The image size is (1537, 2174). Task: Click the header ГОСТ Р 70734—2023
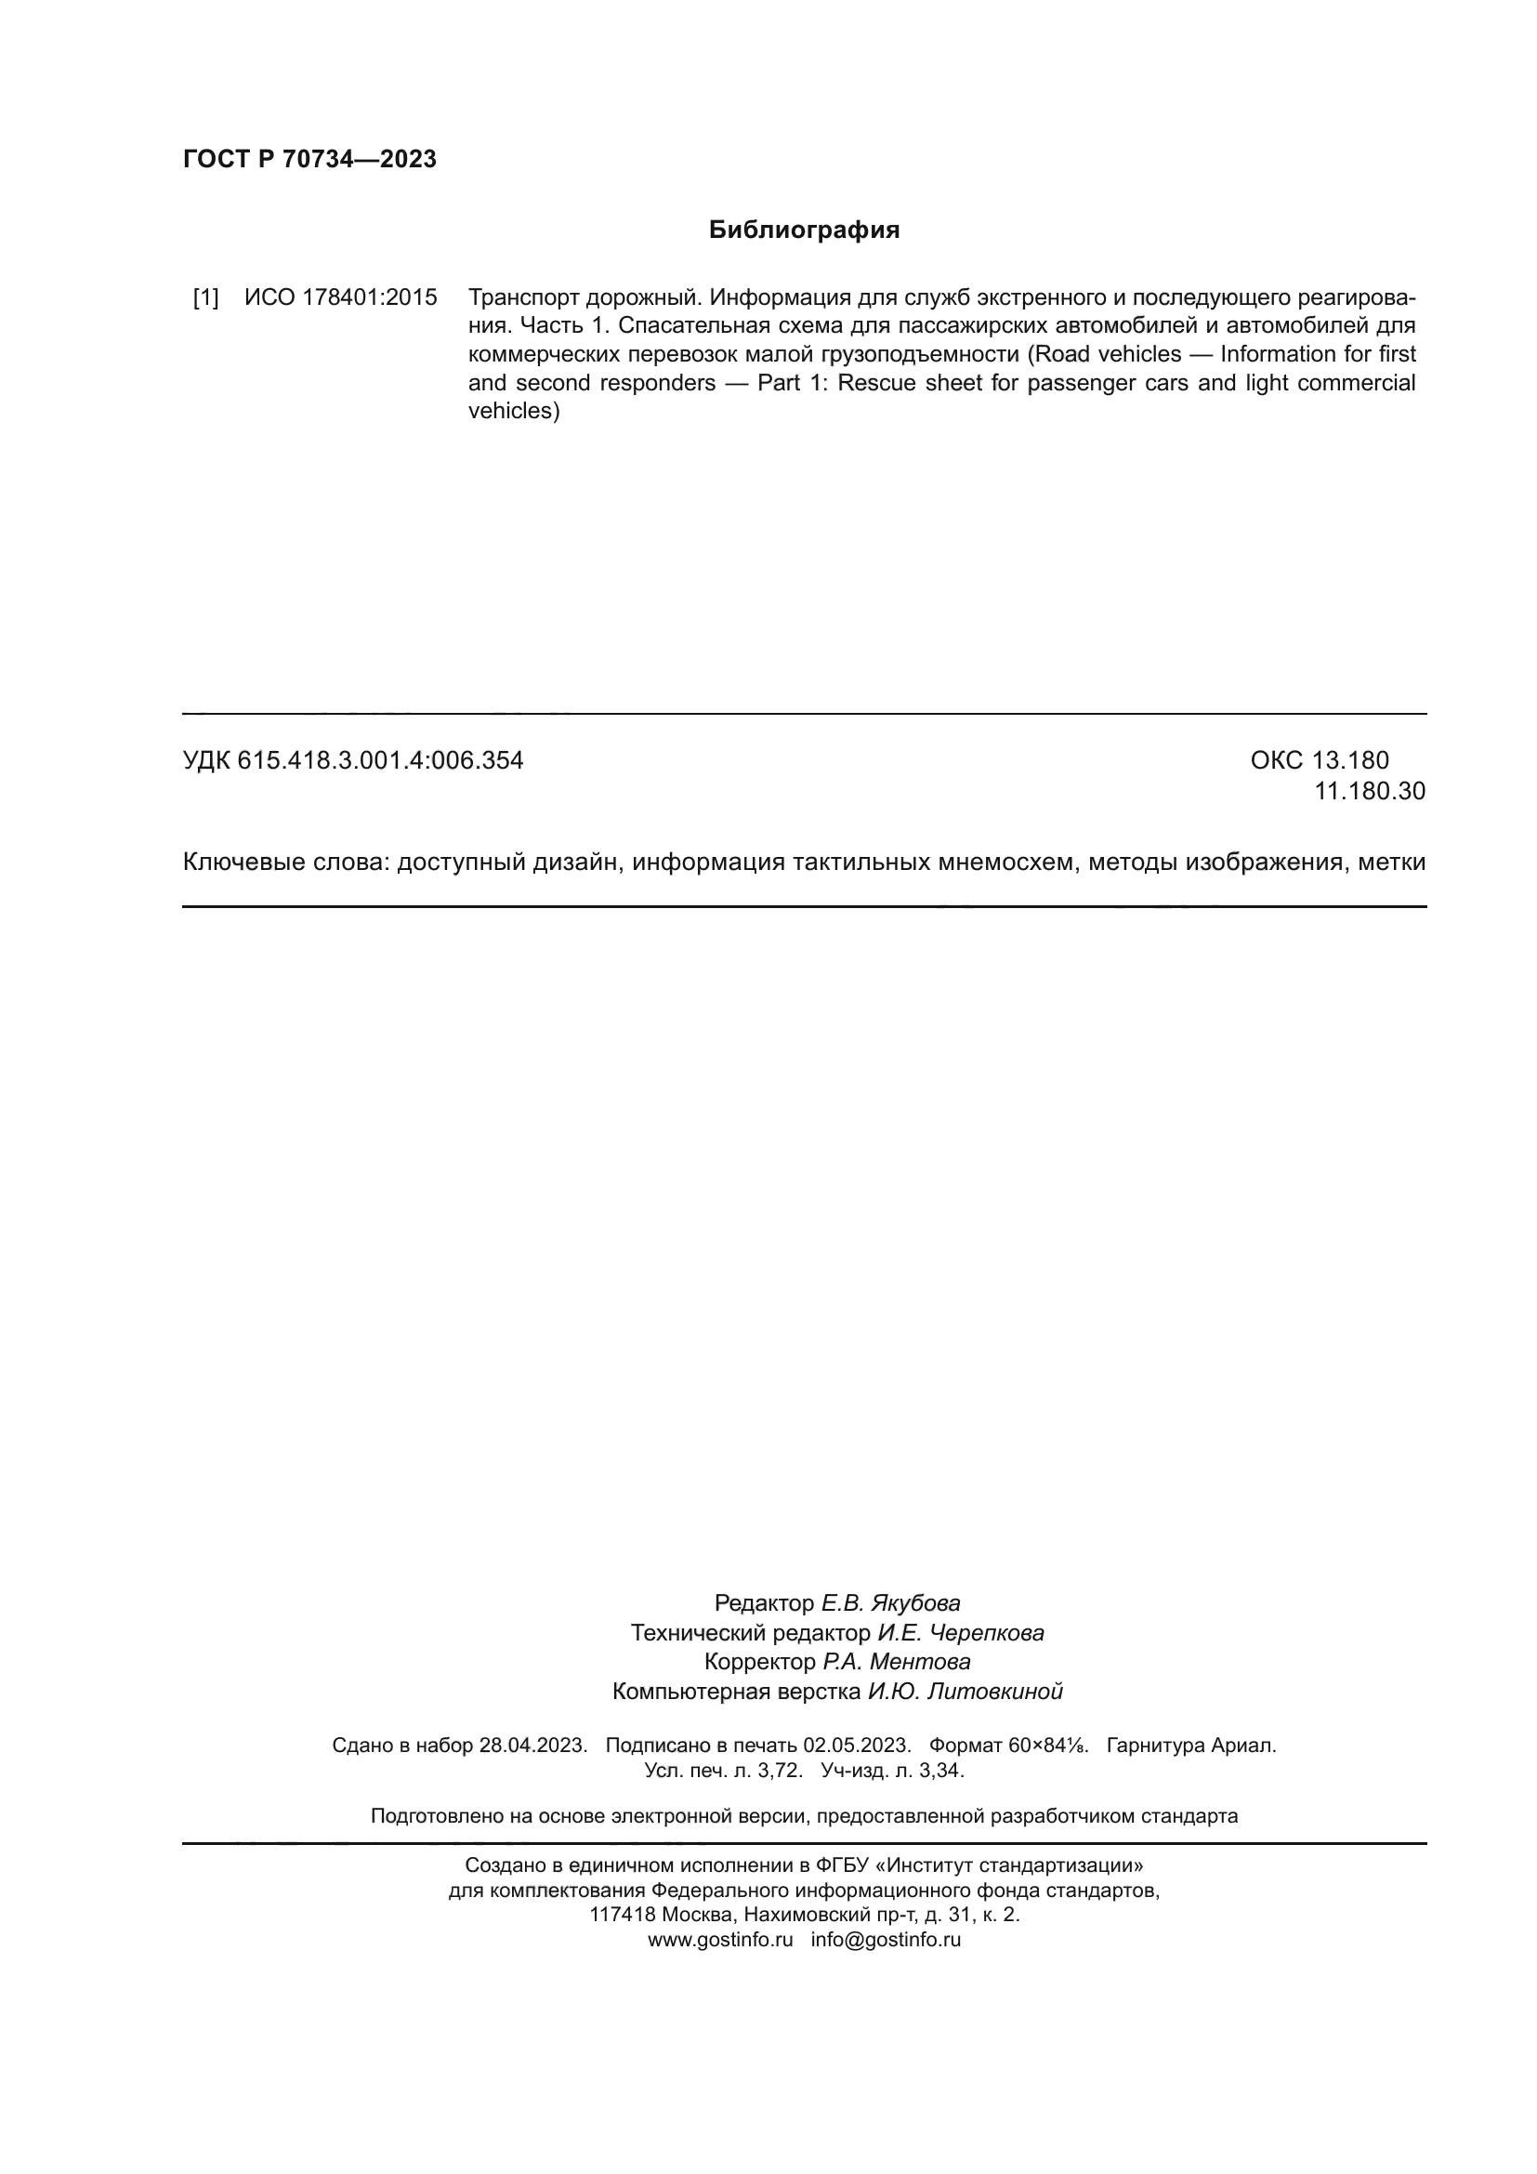pyautogui.click(x=309, y=159)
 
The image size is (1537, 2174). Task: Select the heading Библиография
pyautogui.click(x=804, y=231)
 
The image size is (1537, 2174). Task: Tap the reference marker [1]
pyautogui.click(x=205, y=297)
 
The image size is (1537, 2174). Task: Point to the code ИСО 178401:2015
pyautogui.click(x=341, y=297)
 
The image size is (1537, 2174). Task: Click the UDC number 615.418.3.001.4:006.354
pyautogui.click(x=380, y=760)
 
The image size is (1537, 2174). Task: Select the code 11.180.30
pyautogui.click(x=1369, y=791)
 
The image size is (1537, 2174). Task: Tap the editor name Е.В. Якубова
pyautogui.click(x=889, y=1603)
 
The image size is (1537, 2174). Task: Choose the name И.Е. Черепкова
pyautogui.click(x=961, y=1632)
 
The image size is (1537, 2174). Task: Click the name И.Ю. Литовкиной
pyautogui.click(x=966, y=1691)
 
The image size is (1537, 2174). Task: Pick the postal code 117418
pyautogui.click(x=622, y=1914)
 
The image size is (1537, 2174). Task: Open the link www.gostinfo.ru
pyautogui.click(x=720, y=1938)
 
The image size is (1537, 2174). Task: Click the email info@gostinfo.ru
pyautogui.click(x=886, y=1938)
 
